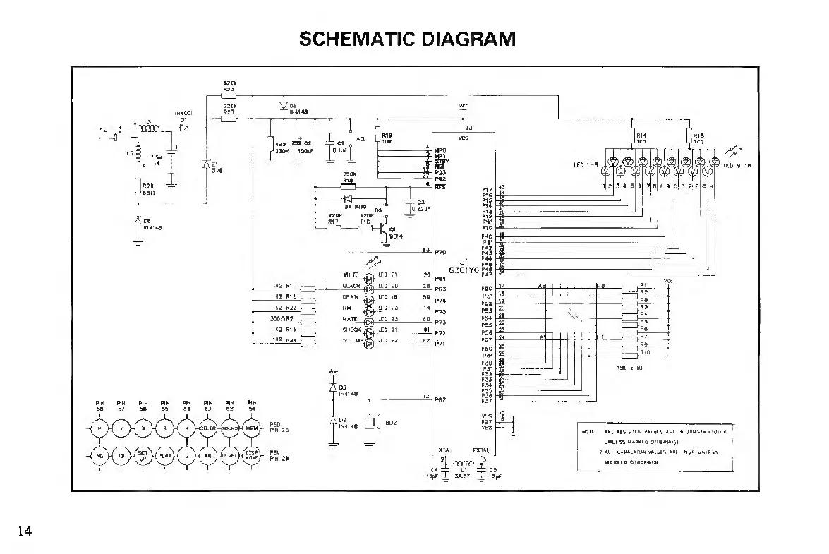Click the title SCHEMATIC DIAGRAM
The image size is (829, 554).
tap(407, 38)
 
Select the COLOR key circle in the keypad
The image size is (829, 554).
tap(209, 428)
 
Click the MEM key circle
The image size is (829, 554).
tap(252, 428)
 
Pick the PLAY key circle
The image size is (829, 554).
tap(164, 456)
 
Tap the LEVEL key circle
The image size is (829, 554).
tap(231, 456)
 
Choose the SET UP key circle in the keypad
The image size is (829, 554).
tap(143, 456)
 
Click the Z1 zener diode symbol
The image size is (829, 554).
tap(206, 165)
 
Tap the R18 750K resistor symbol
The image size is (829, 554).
tap(348, 186)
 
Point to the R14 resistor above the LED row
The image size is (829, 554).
tap(631, 136)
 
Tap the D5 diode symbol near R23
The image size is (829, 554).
tap(284, 107)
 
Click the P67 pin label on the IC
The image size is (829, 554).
tap(440, 399)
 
